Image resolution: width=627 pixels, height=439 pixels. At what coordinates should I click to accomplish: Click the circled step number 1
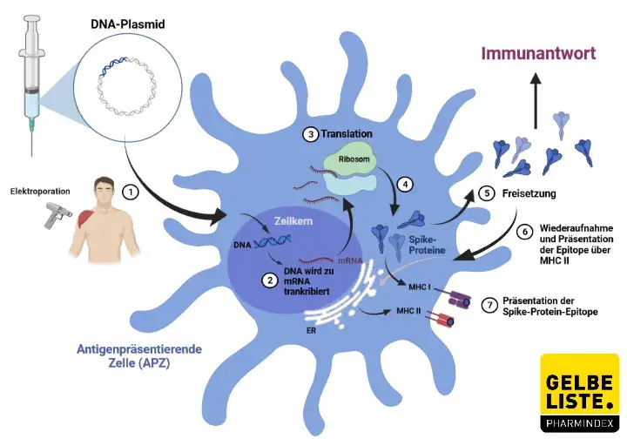click(129, 190)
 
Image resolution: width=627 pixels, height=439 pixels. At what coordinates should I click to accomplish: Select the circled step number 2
click(270, 280)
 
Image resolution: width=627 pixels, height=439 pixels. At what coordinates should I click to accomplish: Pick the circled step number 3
click(309, 134)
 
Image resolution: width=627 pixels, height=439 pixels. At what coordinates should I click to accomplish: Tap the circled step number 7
click(490, 305)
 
